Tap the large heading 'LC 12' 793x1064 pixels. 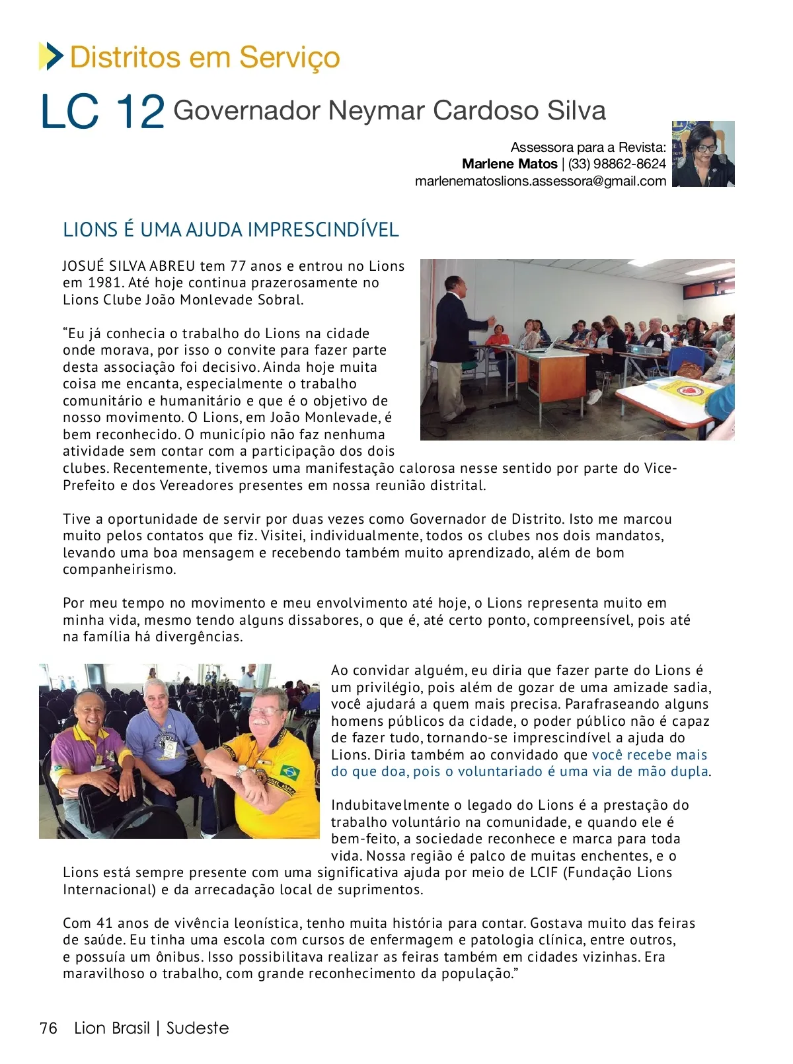102,112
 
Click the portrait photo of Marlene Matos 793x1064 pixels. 703,154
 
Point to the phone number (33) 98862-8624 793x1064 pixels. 617,164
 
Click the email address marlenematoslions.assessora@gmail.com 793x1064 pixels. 541,181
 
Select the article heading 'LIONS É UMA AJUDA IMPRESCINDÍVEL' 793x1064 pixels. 231,230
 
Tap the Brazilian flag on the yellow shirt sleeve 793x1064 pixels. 289,771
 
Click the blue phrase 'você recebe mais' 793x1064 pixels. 649,755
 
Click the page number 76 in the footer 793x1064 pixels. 49,1028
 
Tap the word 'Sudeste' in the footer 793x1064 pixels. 198,1028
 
